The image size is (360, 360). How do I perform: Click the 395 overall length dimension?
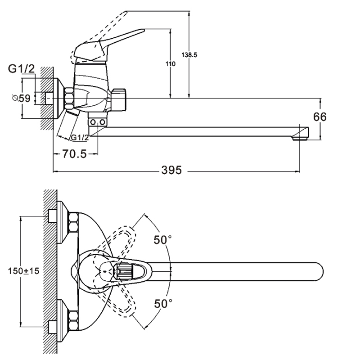(171, 171)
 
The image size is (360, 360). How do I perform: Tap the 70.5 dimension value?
(74, 154)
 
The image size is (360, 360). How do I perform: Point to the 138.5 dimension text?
(189, 54)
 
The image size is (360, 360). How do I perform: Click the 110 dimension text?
(171, 64)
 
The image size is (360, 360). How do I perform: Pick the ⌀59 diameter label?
(22, 98)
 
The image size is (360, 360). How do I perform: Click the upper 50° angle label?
(163, 240)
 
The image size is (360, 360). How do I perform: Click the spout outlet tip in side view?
(302, 134)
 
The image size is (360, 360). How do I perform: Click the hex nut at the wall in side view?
(70, 98)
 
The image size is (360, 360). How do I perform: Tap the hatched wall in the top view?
(50, 270)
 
